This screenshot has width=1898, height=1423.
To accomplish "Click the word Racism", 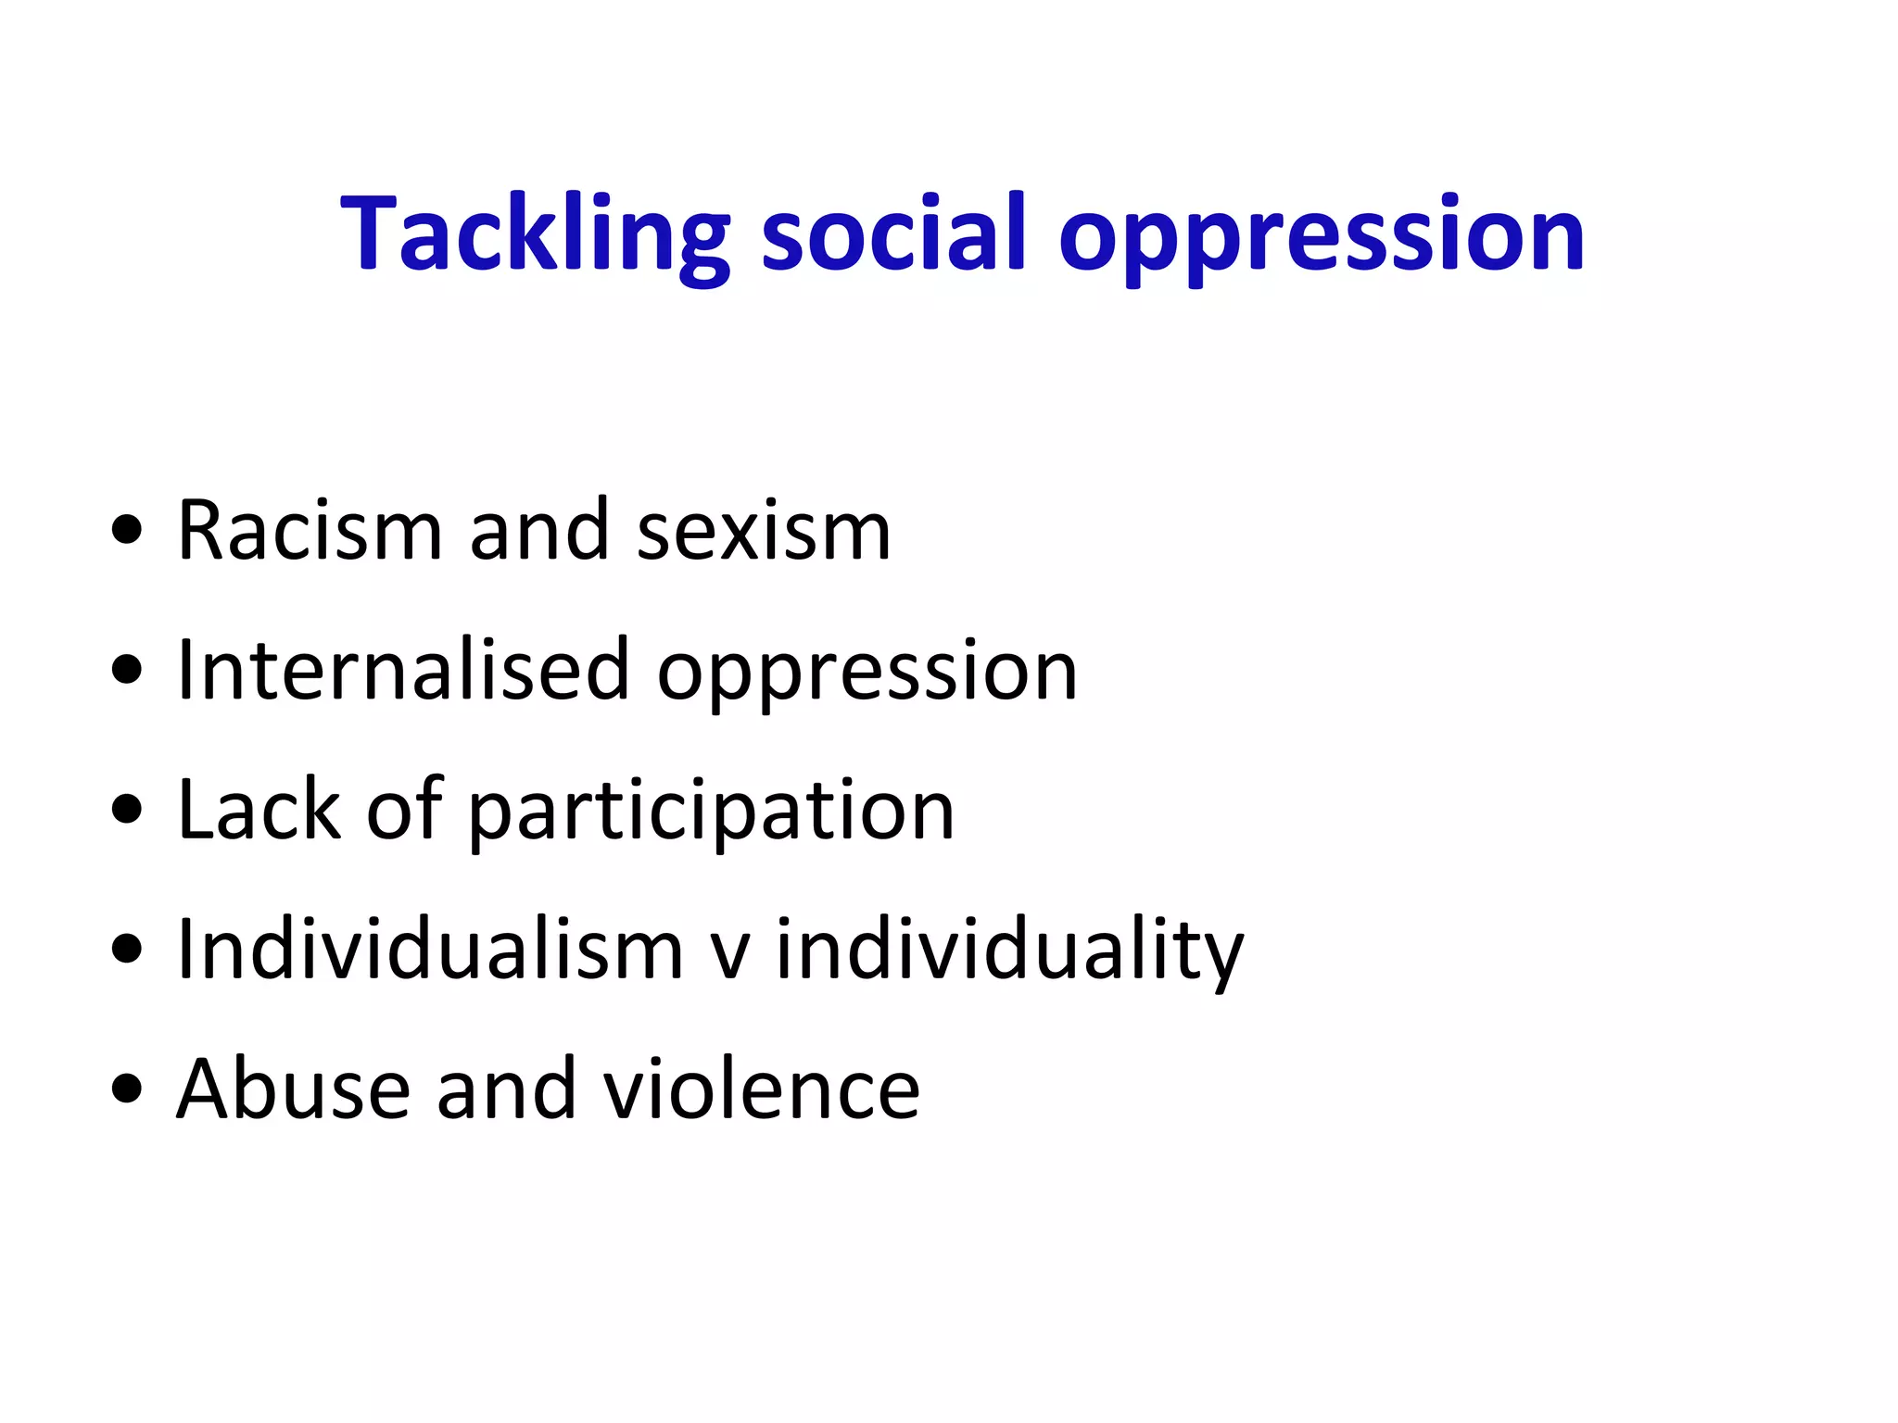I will pyautogui.click(x=310, y=531).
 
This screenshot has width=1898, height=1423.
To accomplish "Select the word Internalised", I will pyautogui.click(x=403, y=670).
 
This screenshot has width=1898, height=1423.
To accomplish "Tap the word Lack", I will pyautogui.click(x=259, y=810).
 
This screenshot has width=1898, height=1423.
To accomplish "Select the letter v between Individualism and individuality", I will pyautogui.click(x=728, y=954).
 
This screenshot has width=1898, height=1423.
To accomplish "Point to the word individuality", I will pyautogui.click(x=1009, y=951).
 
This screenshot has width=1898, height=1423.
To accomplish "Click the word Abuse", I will pyautogui.click(x=293, y=1089).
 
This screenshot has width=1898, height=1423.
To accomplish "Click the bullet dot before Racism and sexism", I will pyautogui.click(x=126, y=532).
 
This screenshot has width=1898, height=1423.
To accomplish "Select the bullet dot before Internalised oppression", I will pyautogui.click(x=126, y=671).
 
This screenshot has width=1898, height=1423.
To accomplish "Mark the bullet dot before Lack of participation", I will pyautogui.click(x=126, y=810).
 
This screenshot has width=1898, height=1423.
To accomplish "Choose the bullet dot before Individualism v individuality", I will pyautogui.click(x=126, y=950).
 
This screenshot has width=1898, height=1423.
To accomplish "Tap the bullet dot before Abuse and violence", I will pyautogui.click(x=126, y=1089).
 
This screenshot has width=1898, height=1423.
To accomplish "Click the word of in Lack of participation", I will pyautogui.click(x=405, y=810).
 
